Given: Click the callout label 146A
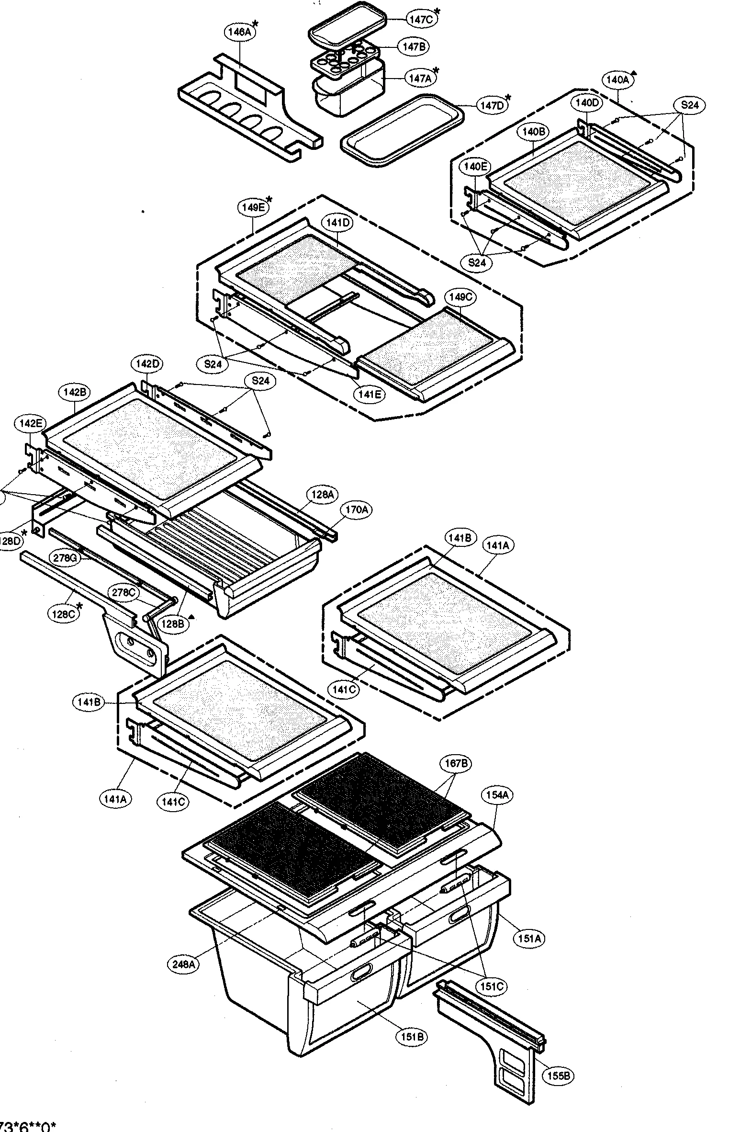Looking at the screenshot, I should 239,33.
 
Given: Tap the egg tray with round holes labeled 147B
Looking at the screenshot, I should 344,61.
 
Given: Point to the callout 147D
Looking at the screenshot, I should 492,105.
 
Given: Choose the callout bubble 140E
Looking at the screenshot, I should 476,167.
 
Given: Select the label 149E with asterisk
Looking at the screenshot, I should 253,207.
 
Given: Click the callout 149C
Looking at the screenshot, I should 460,297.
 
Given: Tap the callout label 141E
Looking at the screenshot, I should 368,394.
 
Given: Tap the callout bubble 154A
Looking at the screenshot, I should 497,795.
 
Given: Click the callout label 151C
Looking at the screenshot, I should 492,986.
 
